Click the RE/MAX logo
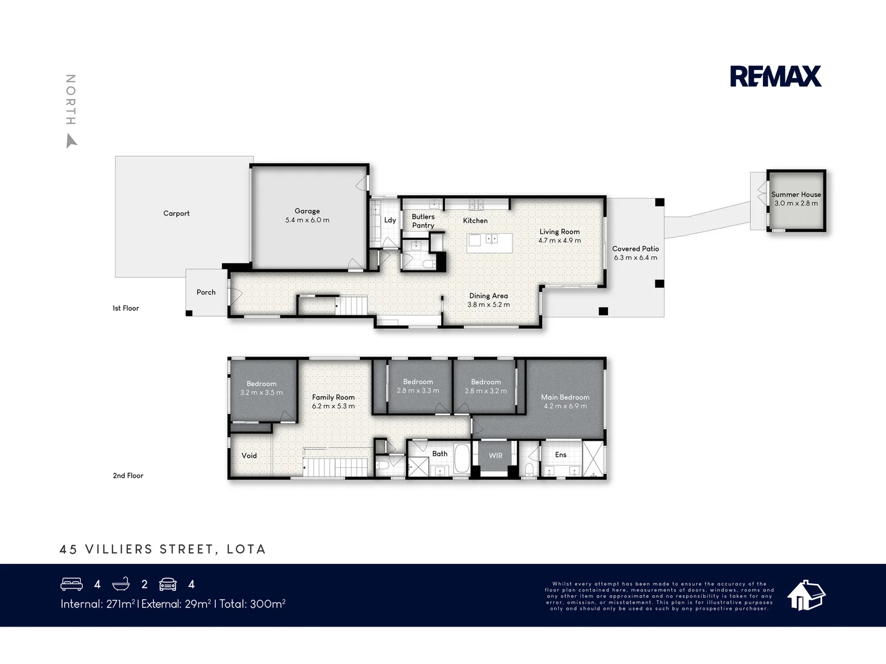(x=775, y=76)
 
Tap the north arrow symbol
(x=71, y=142)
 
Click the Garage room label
(x=307, y=211)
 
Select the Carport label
(x=177, y=213)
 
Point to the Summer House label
(x=796, y=194)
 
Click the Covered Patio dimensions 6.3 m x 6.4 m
(x=636, y=258)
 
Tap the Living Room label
(x=559, y=232)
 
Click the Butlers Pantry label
(x=423, y=221)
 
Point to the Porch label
(x=206, y=292)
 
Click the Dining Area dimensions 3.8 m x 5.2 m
(x=489, y=304)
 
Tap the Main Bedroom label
(x=565, y=397)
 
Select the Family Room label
(x=333, y=397)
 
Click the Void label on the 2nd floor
(x=249, y=456)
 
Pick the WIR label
(x=495, y=456)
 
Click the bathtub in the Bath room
(x=461, y=458)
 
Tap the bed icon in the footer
(x=72, y=584)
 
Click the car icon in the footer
(x=168, y=584)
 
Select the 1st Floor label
(x=126, y=308)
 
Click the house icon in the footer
(x=806, y=595)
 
